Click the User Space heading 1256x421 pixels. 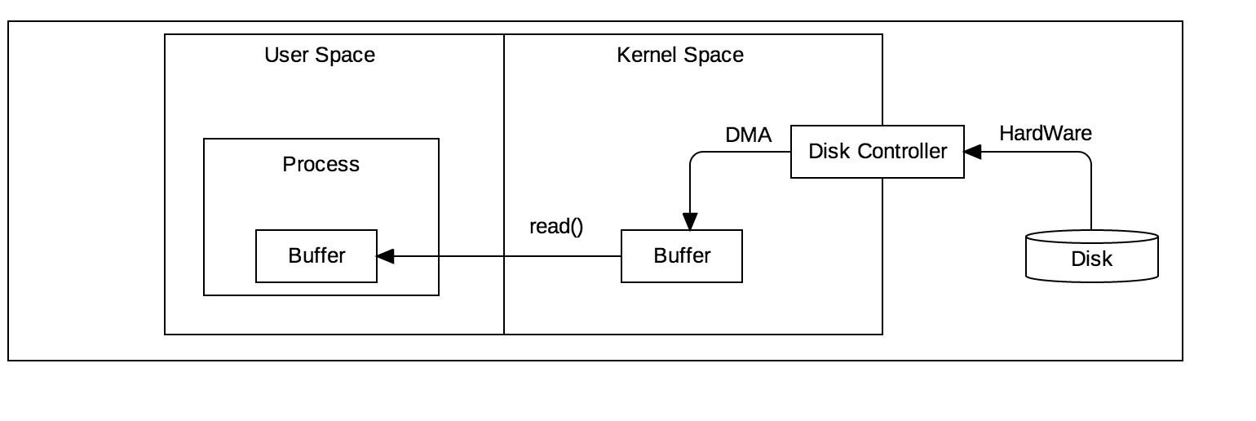coord(320,55)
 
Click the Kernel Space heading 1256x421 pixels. coord(680,55)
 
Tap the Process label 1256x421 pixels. coord(321,164)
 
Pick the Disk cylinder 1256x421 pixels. coord(1092,256)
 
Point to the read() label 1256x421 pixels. coord(556,227)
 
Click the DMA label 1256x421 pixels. coord(749,135)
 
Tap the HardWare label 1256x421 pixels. coord(1046,134)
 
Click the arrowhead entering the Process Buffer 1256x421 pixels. coord(385,256)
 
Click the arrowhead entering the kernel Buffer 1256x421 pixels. coord(690,221)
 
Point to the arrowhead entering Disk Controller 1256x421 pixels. coord(972,152)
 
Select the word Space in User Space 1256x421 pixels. coord(345,55)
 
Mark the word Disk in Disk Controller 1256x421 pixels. coord(829,152)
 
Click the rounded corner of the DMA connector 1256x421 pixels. coord(694,156)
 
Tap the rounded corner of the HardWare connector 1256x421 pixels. coord(1087,156)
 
